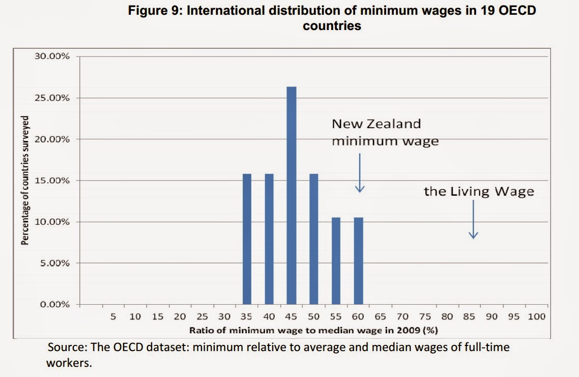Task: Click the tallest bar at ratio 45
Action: [x=292, y=196]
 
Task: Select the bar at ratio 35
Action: [x=247, y=239]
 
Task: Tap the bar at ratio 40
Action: [x=269, y=239]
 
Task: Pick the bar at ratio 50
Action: [x=314, y=239]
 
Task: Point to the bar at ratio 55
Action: [x=336, y=260]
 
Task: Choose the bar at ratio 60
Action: [x=358, y=260]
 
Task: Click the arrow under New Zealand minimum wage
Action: [x=360, y=173]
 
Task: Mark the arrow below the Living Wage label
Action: [x=473, y=219]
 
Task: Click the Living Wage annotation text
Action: [x=479, y=192]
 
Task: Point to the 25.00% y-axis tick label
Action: [x=52, y=98]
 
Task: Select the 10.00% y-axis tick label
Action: [x=52, y=222]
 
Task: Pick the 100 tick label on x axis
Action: [x=536, y=317]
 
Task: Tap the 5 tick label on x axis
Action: [x=113, y=317]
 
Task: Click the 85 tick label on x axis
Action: [x=469, y=317]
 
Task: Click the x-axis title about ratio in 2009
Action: [x=313, y=330]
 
